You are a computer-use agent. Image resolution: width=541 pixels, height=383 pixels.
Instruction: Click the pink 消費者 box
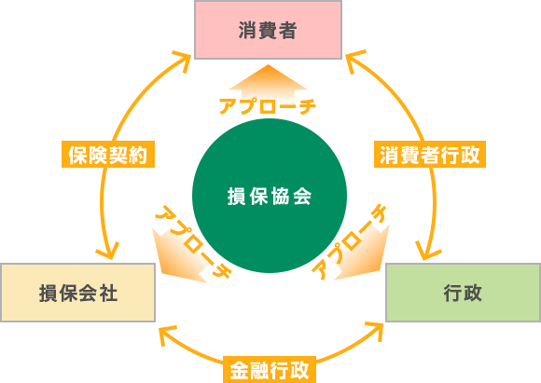click(268, 30)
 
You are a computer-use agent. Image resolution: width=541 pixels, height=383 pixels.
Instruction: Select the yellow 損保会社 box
click(78, 293)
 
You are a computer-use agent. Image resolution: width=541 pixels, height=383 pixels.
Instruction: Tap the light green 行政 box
click(463, 293)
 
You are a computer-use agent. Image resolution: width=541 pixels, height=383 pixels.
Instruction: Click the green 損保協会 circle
click(270, 196)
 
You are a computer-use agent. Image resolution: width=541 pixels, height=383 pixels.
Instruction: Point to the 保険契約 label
click(108, 154)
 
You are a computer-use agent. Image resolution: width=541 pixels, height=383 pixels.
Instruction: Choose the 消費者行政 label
click(430, 154)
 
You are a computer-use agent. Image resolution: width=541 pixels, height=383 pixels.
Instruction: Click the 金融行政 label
click(270, 370)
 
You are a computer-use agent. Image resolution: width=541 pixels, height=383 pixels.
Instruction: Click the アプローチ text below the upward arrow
click(268, 106)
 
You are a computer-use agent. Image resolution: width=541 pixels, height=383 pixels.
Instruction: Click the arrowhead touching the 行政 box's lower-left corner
click(375, 331)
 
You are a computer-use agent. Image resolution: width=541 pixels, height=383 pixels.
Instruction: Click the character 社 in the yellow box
click(108, 294)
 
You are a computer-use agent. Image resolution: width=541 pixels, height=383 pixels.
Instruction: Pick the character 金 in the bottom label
click(239, 370)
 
